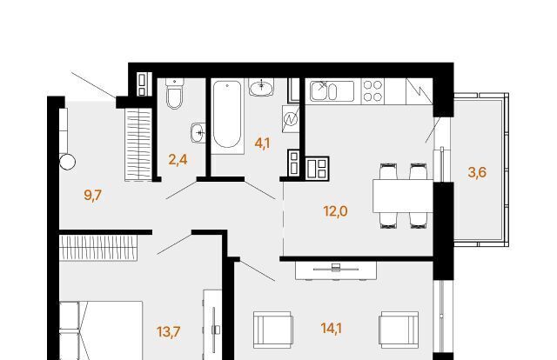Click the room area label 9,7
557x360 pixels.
93,195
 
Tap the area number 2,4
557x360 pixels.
178,160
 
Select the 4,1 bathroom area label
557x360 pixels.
263,143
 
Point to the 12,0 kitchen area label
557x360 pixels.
335,211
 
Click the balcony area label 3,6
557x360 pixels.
477,172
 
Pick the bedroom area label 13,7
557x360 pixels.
169,332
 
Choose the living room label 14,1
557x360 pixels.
331,329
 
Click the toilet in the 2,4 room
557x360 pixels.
175,93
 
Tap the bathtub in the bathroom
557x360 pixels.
227,116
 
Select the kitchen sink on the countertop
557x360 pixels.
332,91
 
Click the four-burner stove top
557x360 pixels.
372,91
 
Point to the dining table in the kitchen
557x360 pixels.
403,196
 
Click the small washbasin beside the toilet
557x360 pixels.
198,133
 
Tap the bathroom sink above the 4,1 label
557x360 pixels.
261,87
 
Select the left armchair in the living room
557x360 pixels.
272,330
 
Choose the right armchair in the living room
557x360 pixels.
399,330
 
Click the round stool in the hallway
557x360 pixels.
67,163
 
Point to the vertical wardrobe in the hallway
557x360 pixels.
138,144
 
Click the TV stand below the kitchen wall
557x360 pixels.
336,270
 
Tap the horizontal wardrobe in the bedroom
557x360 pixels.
98,248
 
